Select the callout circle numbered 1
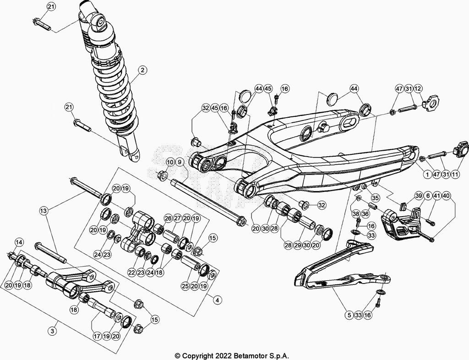click(x=426, y=175)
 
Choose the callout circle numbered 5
click(x=350, y=315)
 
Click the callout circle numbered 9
click(x=180, y=162)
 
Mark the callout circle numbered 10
click(x=170, y=162)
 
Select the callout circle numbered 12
click(x=418, y=88)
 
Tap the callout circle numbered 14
click(x=19, y=242)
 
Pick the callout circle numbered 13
click(x=44, y=211)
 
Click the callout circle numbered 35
click(x=375, y=198)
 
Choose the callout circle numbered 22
click(x=132, y=273)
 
